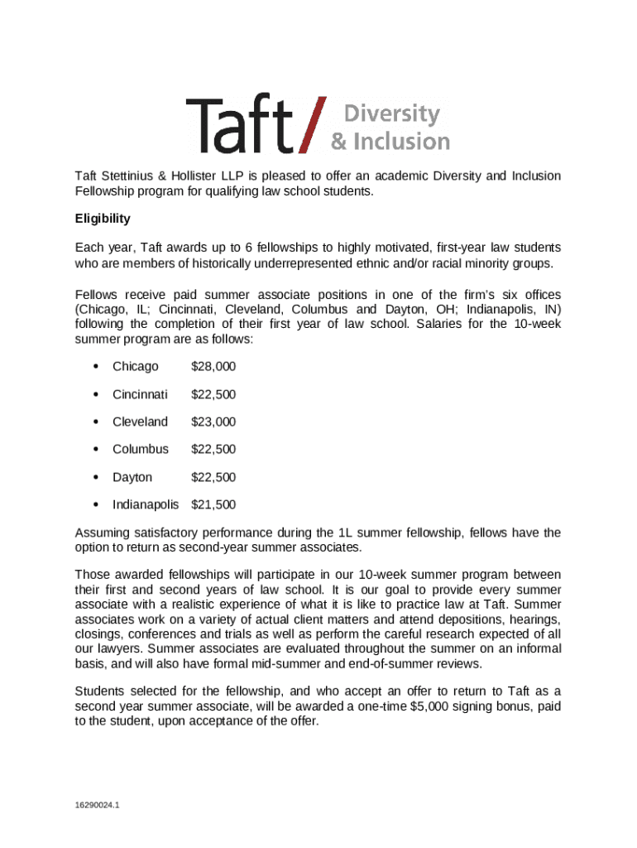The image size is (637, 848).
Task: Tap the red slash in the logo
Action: [314, 125]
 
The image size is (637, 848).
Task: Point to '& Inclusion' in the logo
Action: [390, 141]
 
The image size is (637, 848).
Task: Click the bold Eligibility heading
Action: [103, 219]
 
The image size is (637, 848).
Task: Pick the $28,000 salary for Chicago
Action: [213, 366]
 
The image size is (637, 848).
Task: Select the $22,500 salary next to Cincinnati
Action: [213, 394]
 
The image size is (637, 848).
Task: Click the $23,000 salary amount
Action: [213, 422]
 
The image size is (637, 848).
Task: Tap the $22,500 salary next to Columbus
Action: [213, 449]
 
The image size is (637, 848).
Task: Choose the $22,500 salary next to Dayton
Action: [213, 477]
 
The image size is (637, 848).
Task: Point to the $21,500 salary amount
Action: [213, 504]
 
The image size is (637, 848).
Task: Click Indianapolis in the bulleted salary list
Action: [146, 504]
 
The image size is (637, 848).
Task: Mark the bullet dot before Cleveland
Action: [97, 422]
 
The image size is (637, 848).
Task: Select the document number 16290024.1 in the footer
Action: [98, 804]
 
